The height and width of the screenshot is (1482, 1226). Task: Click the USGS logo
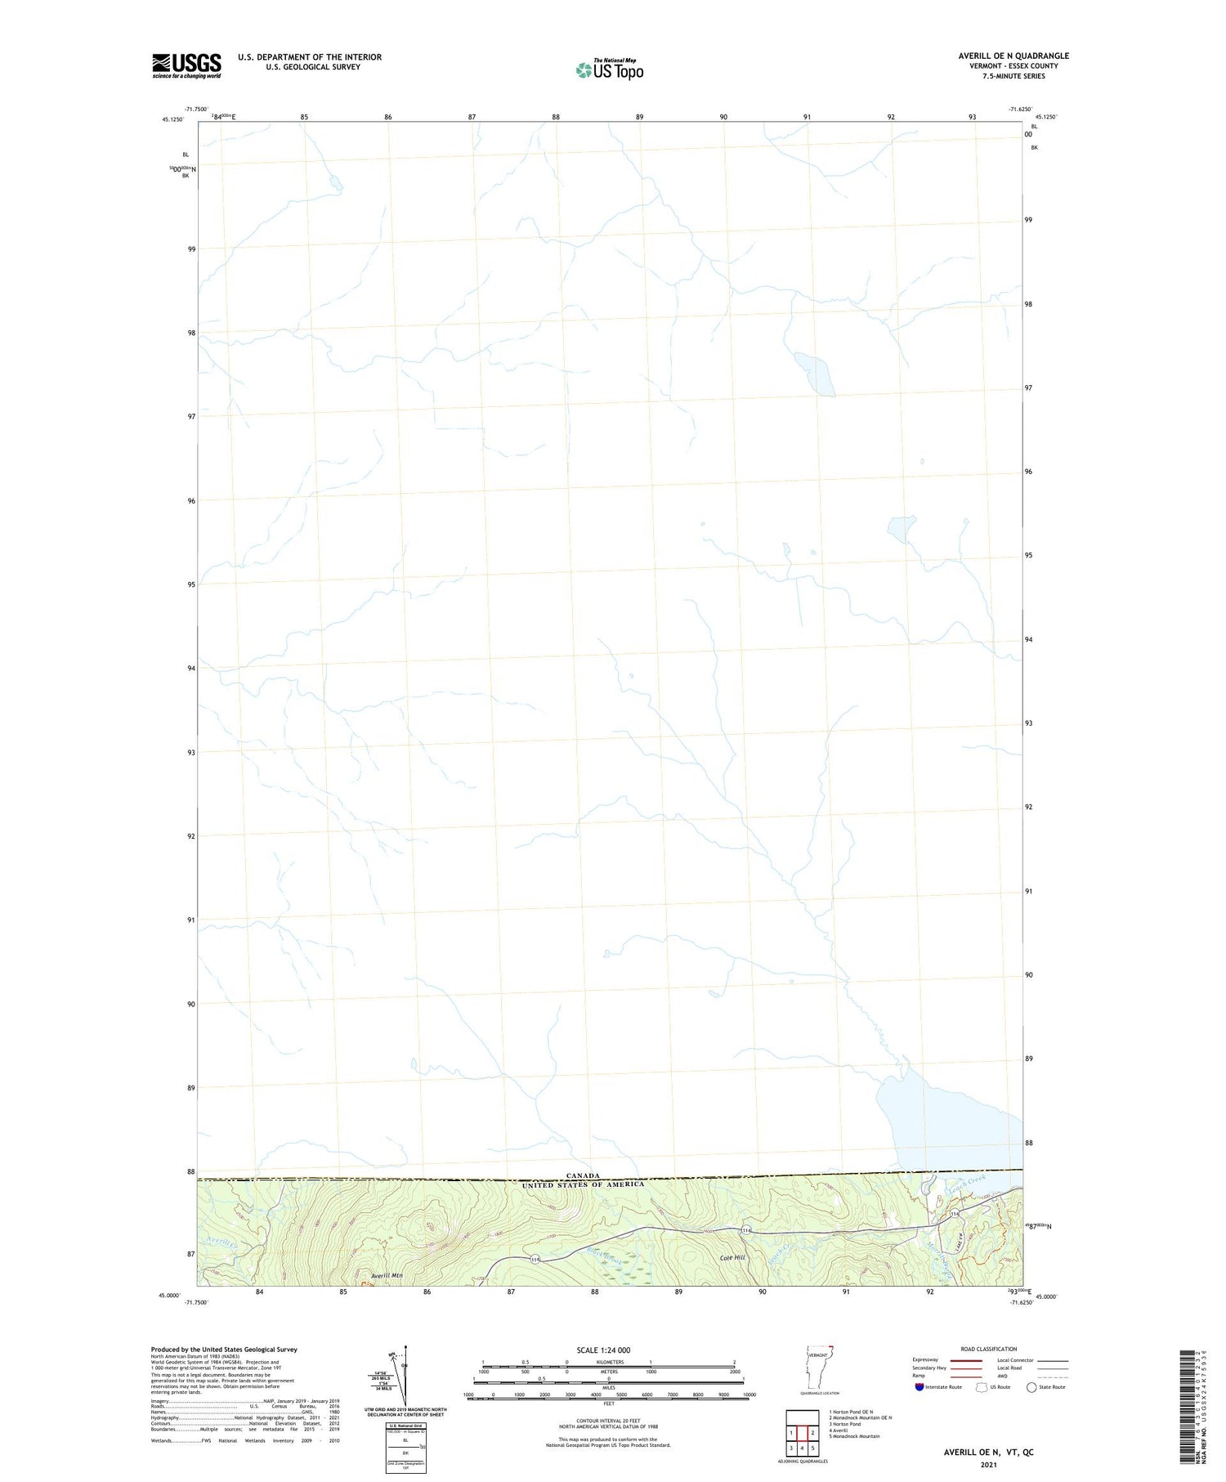pos(186,65)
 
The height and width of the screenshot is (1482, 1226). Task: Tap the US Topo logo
pos(609,69)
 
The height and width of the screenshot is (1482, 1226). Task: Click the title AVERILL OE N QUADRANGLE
pos(1013,56)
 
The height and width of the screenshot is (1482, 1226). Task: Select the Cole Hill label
pos(732,1258)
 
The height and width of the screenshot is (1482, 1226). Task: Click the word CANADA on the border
pos(583,1175)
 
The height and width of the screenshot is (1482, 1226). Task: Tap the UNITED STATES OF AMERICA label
pos(583,1184)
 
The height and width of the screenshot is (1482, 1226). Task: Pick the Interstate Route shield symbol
pos(919,1386)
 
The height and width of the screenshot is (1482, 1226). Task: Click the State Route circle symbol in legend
pos(1031,1386)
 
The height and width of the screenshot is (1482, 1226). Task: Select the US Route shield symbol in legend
pos(982,1386)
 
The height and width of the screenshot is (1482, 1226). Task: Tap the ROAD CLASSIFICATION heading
pos(989,1349)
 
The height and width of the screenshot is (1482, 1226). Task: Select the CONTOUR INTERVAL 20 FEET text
pos(608,1421)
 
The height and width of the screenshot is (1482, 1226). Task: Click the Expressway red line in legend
pos(965,1359)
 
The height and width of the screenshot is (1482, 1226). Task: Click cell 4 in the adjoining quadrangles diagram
pos(802,1448)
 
